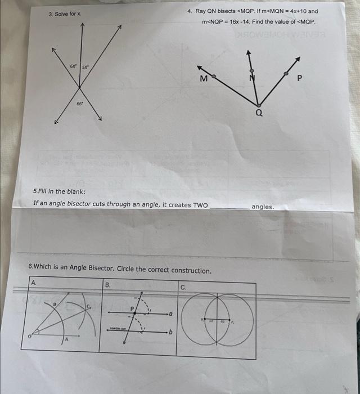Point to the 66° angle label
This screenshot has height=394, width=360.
[80, 105]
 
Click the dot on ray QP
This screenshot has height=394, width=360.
[286, 74]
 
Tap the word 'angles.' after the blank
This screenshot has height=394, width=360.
[263, 207]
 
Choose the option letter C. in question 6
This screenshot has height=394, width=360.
[183, 286]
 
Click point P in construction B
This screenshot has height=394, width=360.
[133, 308]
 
